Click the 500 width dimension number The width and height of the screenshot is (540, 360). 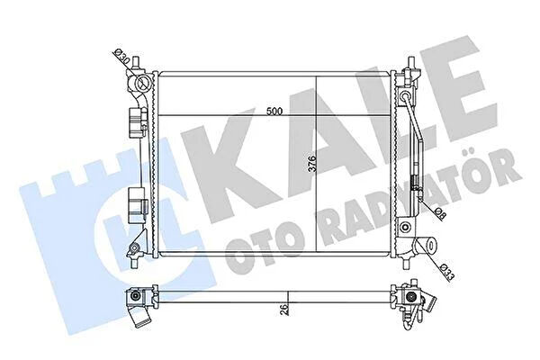[274, 112]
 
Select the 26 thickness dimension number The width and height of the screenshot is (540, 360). [284, 310]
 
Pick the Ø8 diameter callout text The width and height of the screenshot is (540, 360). [440, 213]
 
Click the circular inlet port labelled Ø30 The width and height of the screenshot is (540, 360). [142, 82]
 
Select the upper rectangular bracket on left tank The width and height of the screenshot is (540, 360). [137, 122]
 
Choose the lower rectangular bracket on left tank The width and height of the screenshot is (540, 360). [137, 206]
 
